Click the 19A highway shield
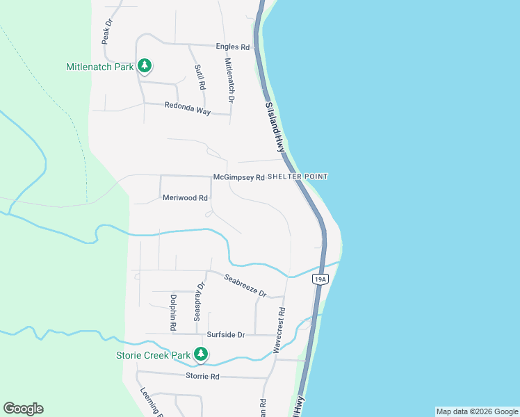point(319,279)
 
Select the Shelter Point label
point(298,177)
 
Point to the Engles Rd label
point(236,47)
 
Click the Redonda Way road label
point(187,107)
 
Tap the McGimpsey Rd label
point(238,177)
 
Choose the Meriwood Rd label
point(185,198)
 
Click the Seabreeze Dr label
point(245,286)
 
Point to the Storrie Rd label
point(202,376)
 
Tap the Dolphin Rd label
point(172,312)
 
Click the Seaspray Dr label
point(199,300)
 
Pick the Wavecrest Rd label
point(279,330)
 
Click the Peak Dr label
point(107,32)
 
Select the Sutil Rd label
point(200,76)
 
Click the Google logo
point(23,409)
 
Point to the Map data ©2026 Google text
point(477,411)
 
